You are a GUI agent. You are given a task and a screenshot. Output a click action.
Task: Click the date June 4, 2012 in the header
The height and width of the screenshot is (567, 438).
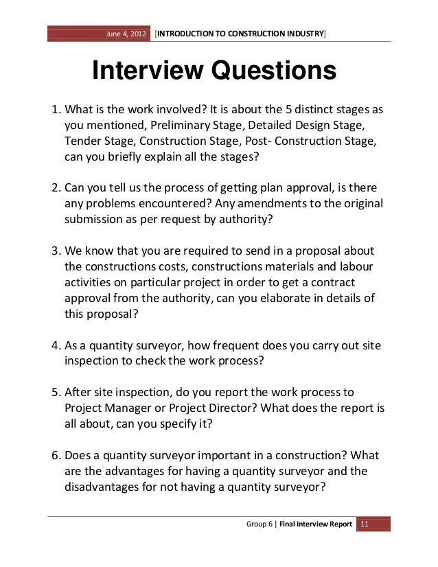pos(126,32)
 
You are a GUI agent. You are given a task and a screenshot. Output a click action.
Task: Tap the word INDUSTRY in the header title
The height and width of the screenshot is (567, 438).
pos(300,32)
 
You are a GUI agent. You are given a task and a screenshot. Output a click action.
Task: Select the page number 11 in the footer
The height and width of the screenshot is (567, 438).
pos(365,525)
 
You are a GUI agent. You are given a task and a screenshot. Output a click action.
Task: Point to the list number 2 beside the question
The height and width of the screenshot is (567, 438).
pos(56,188)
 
